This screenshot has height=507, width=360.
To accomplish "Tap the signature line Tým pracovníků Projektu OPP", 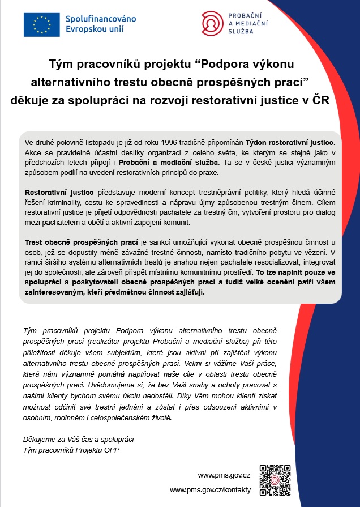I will point(71,450).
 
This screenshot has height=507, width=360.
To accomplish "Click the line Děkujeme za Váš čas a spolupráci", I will point(79,440).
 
